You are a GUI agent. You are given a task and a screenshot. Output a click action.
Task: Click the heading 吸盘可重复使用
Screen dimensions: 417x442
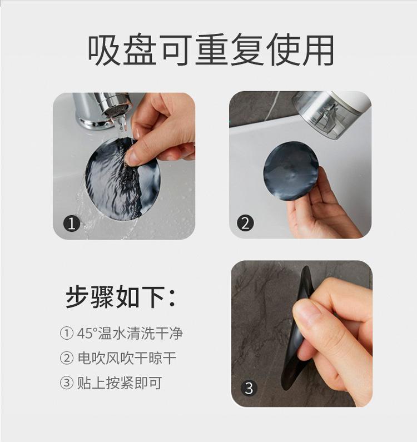click(211, 50)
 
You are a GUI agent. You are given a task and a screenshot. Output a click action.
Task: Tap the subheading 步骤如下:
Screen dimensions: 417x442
click(121, 297)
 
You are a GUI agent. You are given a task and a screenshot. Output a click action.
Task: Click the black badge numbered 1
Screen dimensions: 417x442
click(72, 224)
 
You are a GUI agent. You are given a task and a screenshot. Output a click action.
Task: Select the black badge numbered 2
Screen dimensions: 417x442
click(245, 223)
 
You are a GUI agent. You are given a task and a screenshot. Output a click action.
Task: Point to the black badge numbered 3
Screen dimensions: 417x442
click(249, 388)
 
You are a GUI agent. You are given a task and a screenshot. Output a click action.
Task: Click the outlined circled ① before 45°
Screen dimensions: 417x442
click(67, 333)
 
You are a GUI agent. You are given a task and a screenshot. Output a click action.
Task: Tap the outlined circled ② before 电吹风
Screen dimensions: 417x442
click(67, 358)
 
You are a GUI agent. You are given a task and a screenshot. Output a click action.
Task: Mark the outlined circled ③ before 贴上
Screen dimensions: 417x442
click(67, 383)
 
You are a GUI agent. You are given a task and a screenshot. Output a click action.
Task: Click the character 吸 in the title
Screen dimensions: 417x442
click(103, 50)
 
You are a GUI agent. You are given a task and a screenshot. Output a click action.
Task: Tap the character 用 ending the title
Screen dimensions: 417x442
click(319, 50)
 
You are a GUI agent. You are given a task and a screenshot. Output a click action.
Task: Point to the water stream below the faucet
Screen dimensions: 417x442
click(121, 124)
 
